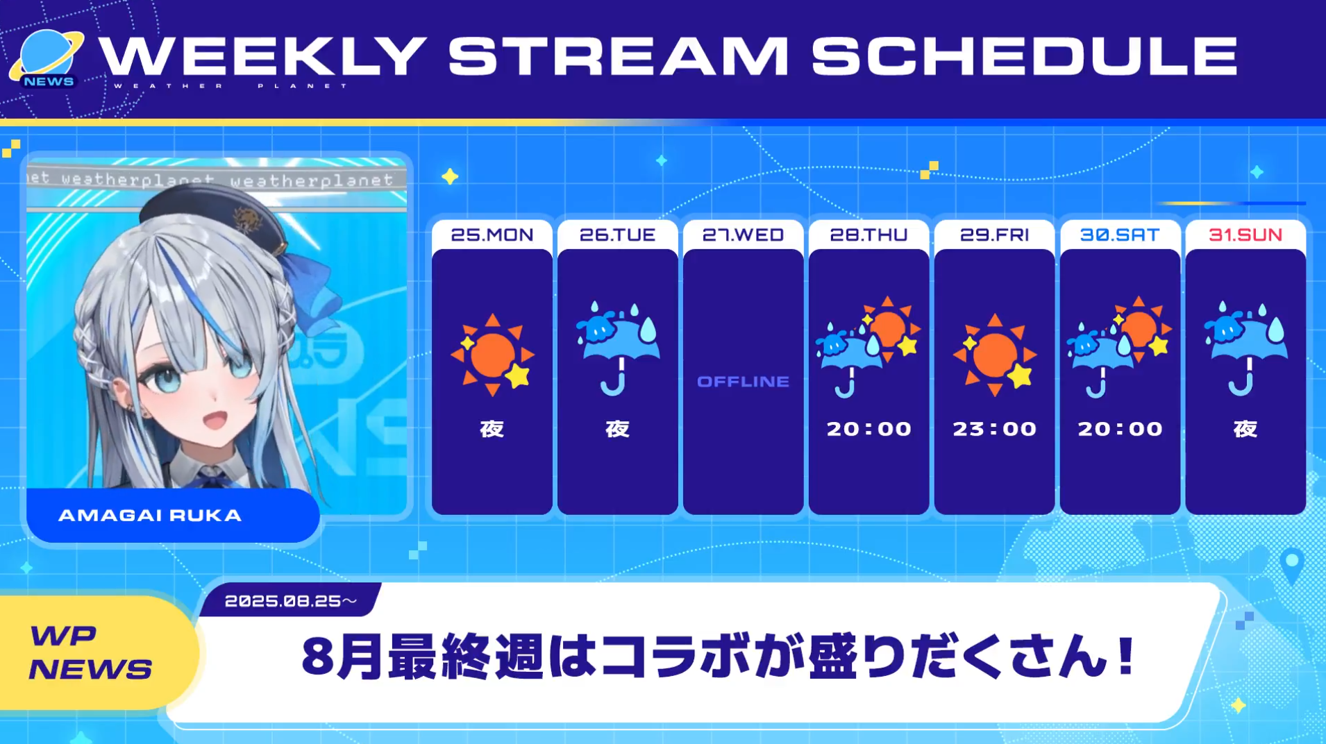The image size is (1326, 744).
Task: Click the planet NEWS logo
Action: click(x=47, y=60)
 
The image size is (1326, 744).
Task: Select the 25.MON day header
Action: click(x=492, y=235)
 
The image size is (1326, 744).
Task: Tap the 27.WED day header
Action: click(x=743, y=235)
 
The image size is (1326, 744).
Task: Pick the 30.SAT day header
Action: click(x=1120, y=235)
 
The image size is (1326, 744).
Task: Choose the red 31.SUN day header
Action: click(x=1245, y=235)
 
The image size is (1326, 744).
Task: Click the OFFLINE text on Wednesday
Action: click(x=743, y=381)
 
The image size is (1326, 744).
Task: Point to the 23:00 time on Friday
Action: click(x=994, y=429)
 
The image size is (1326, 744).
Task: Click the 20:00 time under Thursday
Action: click(x=868, y=429)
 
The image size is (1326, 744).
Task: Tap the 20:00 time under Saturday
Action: click(x=1120, y=429)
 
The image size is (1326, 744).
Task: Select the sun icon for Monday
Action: click(x=492, y=355)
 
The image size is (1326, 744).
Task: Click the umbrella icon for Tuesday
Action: click(x=617, y=348)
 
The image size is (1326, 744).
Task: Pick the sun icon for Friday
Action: click(x=994, y=355)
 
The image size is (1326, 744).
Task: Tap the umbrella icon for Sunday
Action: click(x=1245, y=348)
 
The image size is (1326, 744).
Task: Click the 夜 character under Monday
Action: click(x=492, y=429)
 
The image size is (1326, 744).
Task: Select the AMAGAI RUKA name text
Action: click(x=150, y=515)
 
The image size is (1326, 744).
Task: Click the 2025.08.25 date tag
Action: click(x=290, y=601)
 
